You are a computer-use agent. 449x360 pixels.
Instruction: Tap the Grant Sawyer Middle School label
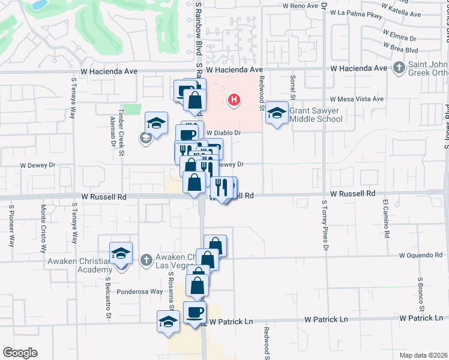point(316,115)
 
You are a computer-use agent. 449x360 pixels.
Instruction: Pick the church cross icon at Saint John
point(399,68)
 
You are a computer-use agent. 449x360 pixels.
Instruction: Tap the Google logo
point(20,353)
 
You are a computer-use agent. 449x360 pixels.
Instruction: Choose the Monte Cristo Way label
point(43,230)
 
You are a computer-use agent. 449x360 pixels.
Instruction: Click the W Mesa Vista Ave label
point(356,99)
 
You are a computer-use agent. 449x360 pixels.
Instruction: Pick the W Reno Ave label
point(300,5)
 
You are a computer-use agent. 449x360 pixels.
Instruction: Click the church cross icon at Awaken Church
point(145,260)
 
